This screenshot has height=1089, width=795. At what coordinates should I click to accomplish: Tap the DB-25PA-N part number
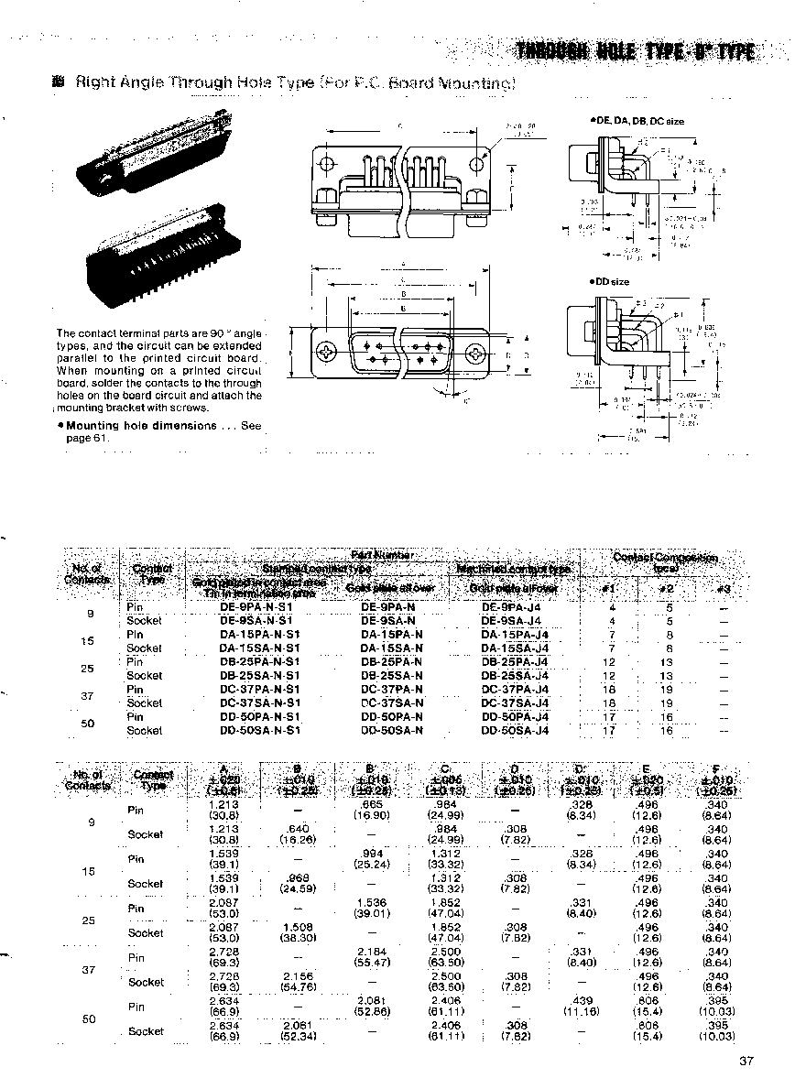391,661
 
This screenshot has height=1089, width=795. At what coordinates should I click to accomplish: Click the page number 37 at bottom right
745,1062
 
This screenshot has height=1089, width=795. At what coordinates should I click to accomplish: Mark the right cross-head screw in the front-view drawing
476,354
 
